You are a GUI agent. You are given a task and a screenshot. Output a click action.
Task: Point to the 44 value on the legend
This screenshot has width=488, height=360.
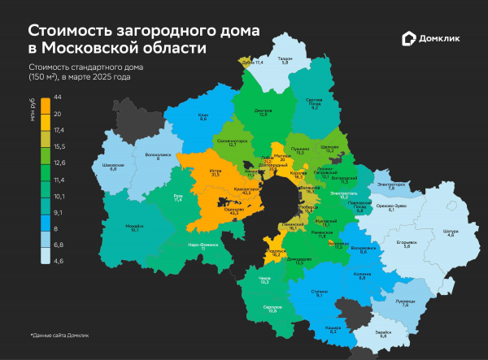coord(58,97)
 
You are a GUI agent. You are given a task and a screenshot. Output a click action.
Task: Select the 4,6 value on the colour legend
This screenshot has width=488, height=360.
coord(58,260)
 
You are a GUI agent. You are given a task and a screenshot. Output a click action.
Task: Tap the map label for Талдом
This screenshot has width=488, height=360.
coord(284,59)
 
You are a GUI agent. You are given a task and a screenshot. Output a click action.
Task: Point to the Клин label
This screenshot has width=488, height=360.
coord(203,116)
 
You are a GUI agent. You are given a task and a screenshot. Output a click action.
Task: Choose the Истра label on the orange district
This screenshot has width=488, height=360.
coord(194,171)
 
